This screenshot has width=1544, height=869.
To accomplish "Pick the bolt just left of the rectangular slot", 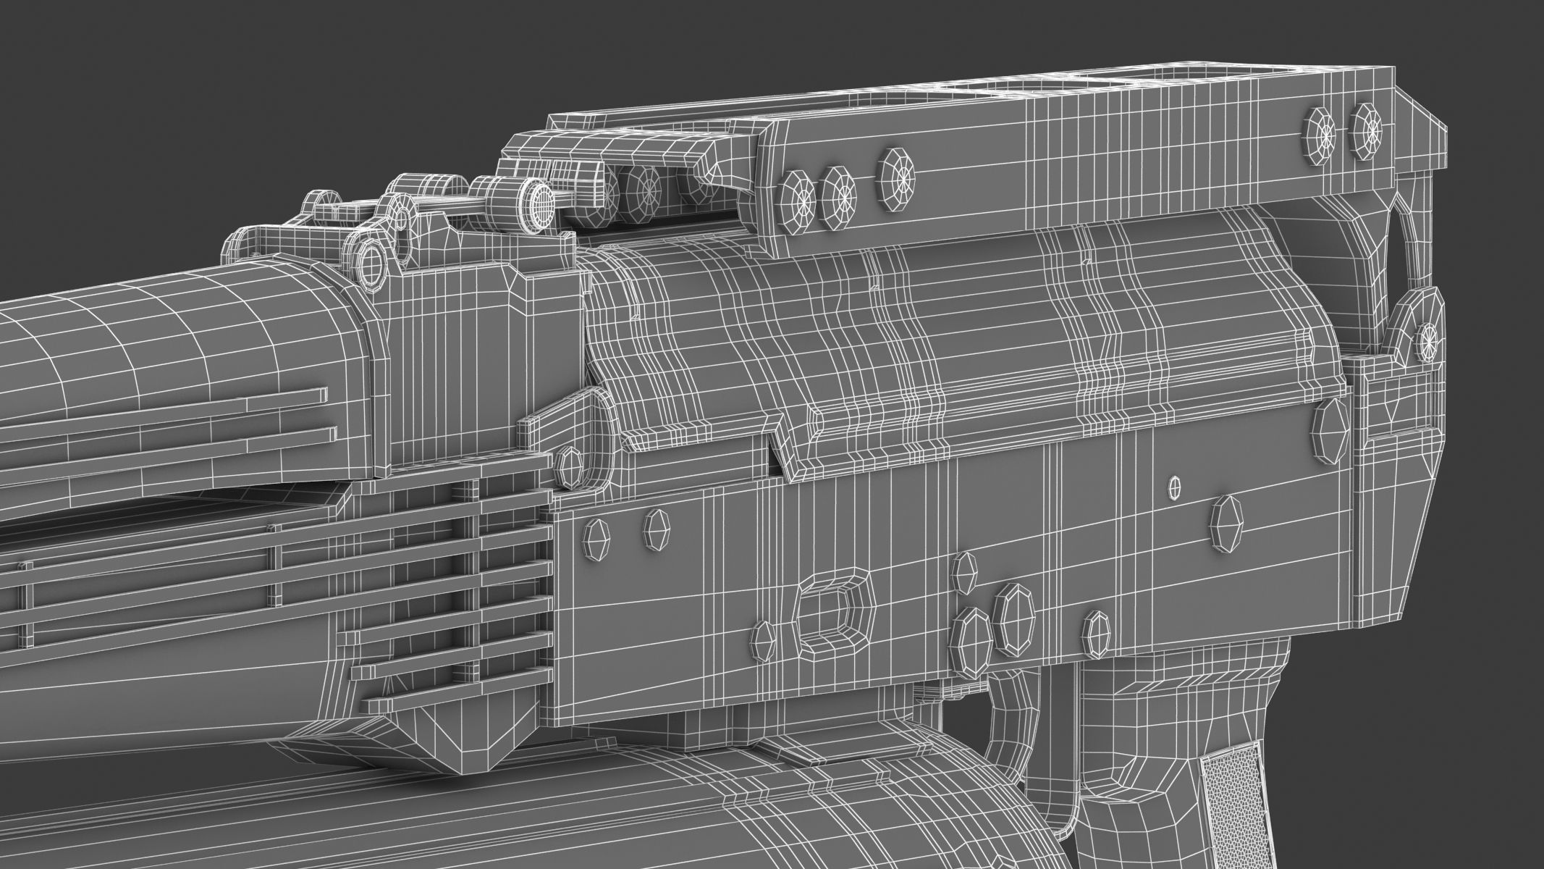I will pyautogui.click(x=766, y=637).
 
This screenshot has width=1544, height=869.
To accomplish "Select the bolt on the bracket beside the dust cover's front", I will pyautogui.click(x=570, y=466).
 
